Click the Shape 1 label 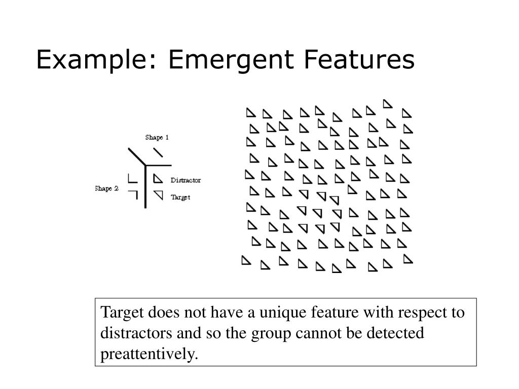click(x=157, y=137)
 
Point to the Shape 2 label click(x=106, y=188)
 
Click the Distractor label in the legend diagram click(x=186, y=180)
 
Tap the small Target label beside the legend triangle click(x=180, y=197)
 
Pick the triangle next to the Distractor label click(x=158, y=179)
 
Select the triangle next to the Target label click(x=159, y=194)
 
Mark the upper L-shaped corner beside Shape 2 click(x=132, y=178)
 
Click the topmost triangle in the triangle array click(x=387, y=104)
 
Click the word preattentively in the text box click(x=148, y=354)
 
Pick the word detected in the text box click(x=400, y=333)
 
